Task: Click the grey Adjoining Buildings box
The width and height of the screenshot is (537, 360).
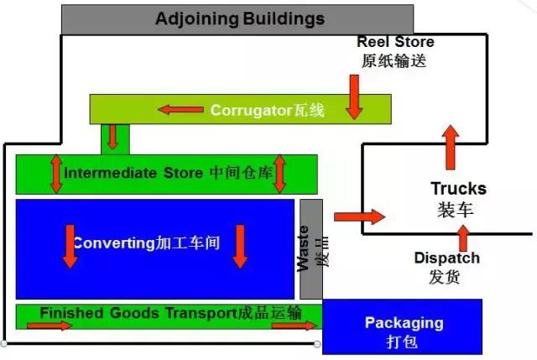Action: pos(237,18)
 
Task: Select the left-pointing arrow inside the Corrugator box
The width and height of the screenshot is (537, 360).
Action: pos(181,109)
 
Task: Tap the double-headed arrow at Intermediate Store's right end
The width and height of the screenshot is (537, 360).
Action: pos(279,173)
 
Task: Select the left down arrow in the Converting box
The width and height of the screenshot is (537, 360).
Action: pos(70,246)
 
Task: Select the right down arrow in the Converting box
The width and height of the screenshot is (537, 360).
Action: pos(240,246)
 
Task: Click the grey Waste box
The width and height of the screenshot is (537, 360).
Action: pos(310,248)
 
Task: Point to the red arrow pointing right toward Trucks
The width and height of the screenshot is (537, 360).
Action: pos(359,217)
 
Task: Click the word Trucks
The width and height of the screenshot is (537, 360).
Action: pos(458,189)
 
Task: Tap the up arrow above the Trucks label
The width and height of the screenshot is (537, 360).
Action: pos(451,148)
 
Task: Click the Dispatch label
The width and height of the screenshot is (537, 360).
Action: pos(447,258)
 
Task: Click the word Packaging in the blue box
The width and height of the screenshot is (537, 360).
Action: pos(404,323)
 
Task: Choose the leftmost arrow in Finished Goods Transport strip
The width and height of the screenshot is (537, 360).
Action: pos(55,326)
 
